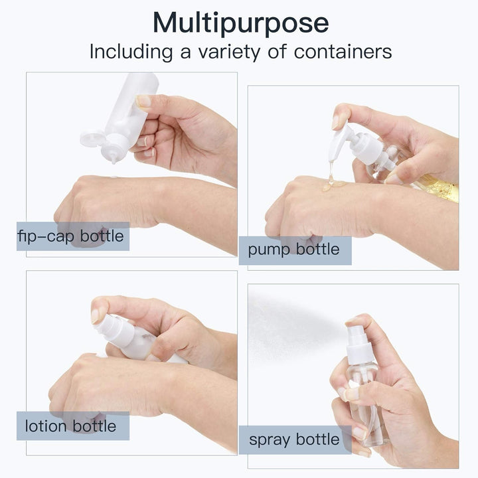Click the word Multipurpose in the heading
241,23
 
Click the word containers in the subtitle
343,52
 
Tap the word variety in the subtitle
229,52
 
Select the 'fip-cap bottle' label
71,236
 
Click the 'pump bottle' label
293,250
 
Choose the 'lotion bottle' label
70,426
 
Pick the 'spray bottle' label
294,440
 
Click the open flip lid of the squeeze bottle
92,138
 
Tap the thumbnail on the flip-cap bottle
143,101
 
